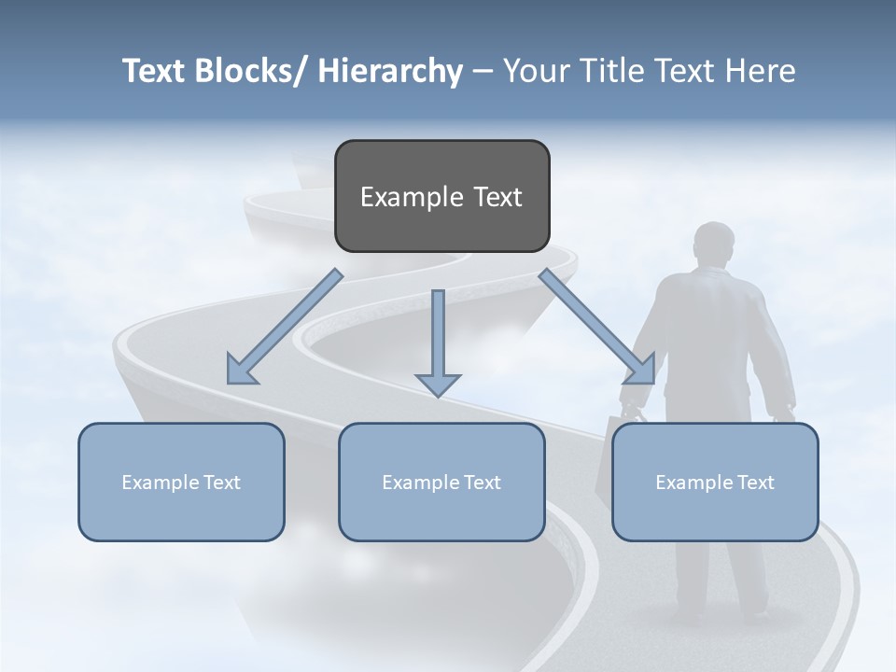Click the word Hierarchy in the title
(x=390, y=71)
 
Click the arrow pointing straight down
(x=438, y=345)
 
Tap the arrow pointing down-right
(x=597, y=328)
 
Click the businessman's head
(x=715, y=245)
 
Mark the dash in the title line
(x=483, y=71)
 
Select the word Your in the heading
(x=535, y=71)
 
